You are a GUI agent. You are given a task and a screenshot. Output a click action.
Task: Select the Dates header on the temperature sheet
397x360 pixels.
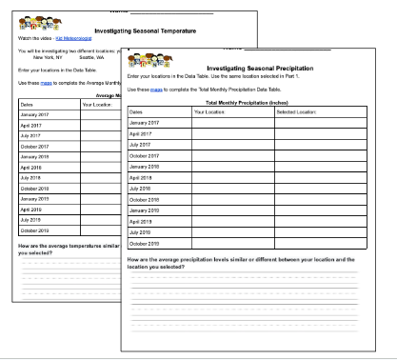pos(27,104)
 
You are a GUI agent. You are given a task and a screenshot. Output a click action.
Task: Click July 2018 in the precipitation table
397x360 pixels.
pos(142,189)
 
